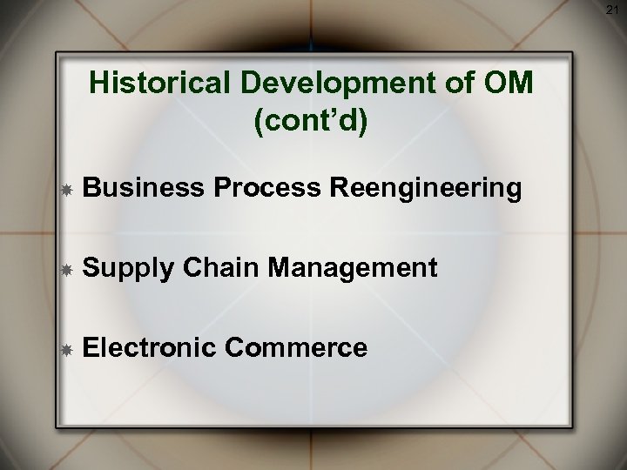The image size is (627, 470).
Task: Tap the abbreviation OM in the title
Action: pos(509,85)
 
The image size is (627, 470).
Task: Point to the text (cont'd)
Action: pos(312,120)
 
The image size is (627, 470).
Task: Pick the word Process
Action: pos(266,189)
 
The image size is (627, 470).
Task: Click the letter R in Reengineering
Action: pos(335,189)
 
